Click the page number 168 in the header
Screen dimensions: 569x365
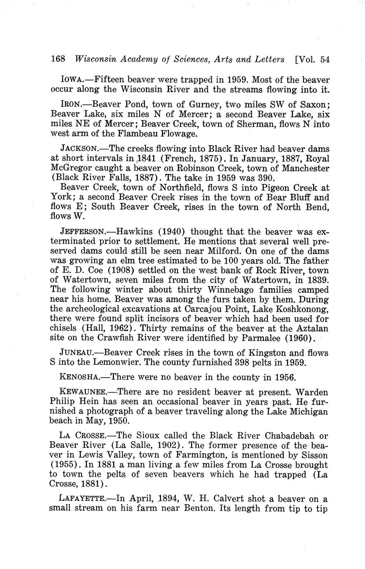(x=58, y=59)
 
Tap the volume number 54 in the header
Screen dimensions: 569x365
(x=324, y=59)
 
